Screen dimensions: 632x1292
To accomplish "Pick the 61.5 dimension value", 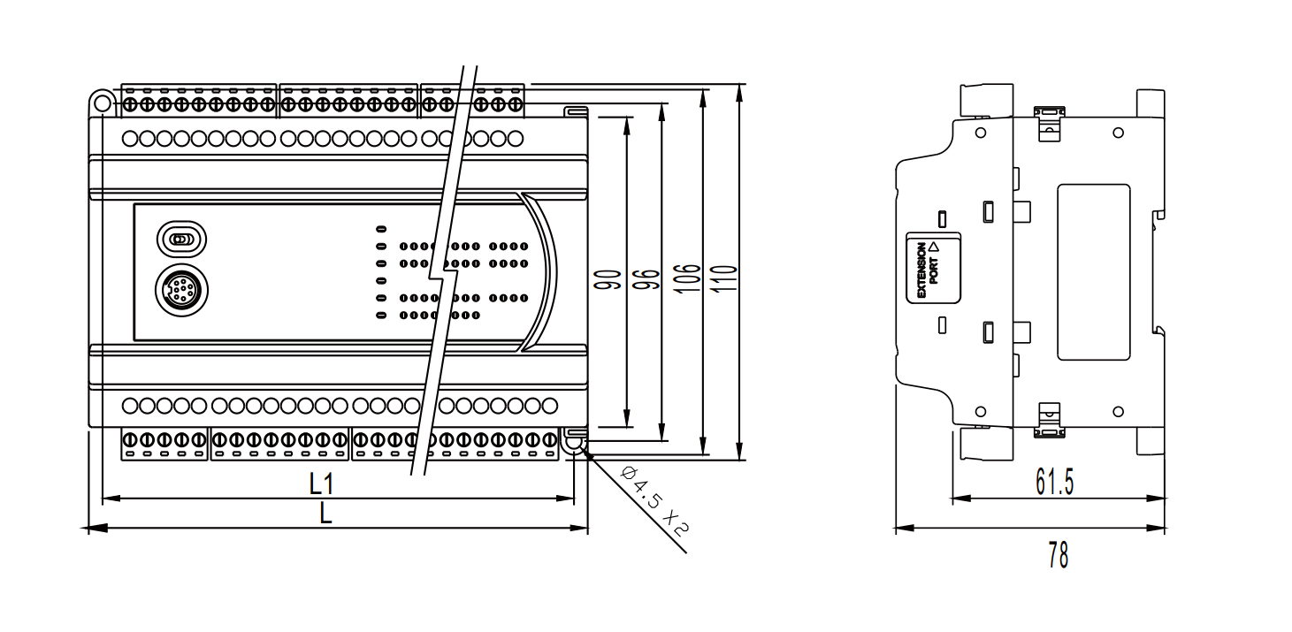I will point(1054,482).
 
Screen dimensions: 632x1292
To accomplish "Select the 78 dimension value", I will point(1058,556).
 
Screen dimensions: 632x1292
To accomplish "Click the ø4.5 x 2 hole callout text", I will point(655,501).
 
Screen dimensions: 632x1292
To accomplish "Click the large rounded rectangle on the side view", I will point(1094,271).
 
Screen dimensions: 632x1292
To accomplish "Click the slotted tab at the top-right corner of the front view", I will point(576,112).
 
